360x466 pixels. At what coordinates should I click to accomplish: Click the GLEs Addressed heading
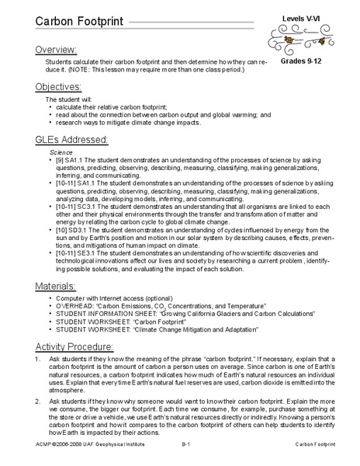(74, 139)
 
